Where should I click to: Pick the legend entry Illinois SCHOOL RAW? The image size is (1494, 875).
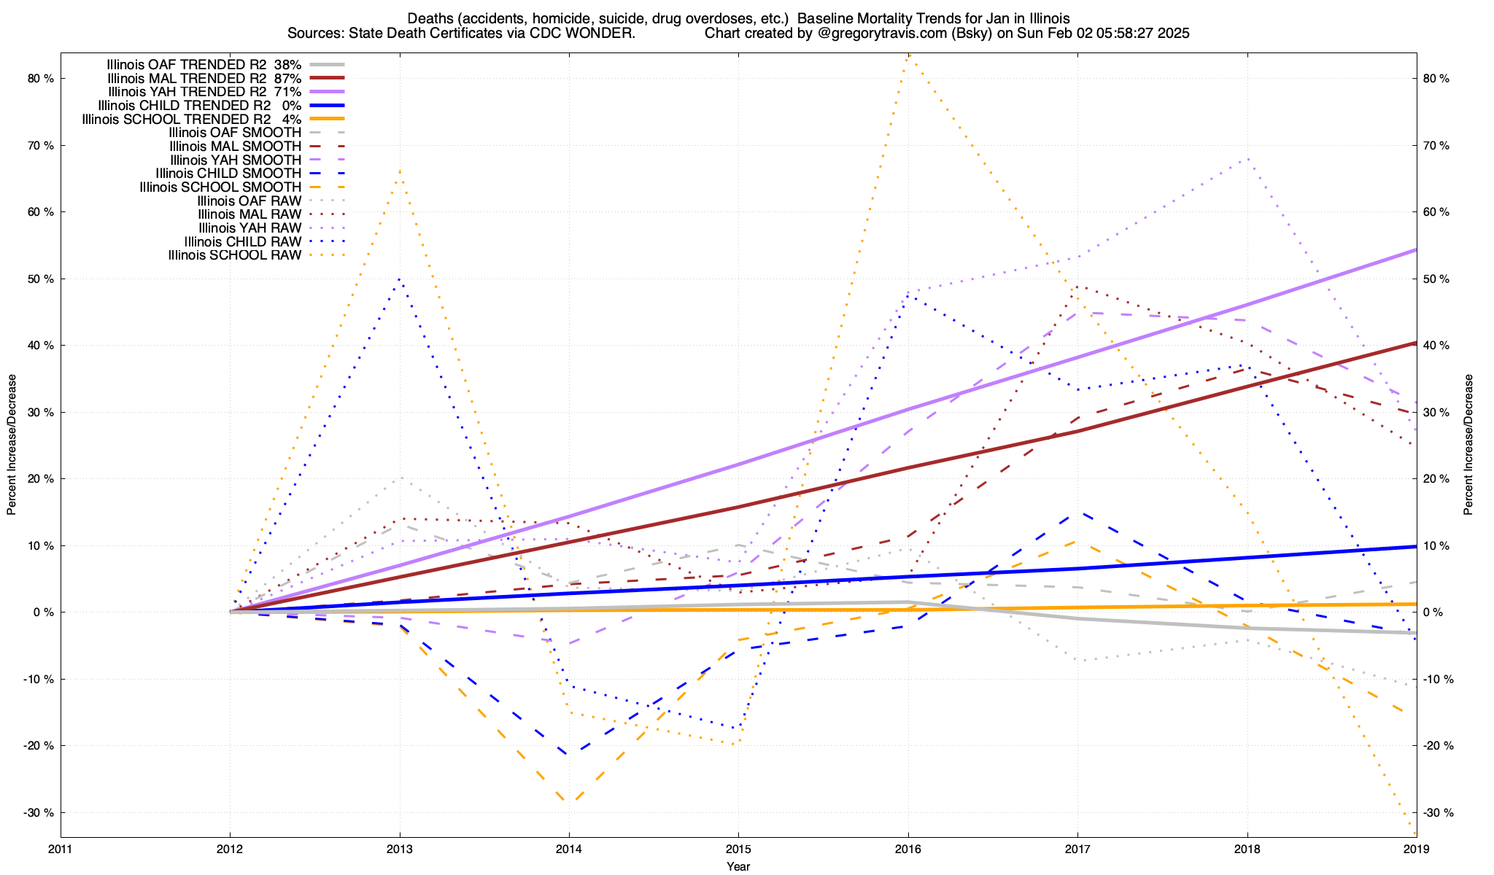pos(234,255)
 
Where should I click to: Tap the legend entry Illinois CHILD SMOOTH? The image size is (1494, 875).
pos(228,174)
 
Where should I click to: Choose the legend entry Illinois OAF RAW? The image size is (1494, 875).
pos(249,201)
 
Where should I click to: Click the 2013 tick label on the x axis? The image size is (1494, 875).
pos(399,849)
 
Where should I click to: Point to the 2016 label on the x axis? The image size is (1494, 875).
pos(907,849)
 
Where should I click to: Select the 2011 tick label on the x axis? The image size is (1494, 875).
pos(61,849)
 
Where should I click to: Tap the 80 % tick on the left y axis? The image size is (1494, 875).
pos(42,79)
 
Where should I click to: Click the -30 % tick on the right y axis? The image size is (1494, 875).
pos(1438,813)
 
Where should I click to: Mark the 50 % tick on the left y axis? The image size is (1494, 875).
pos(42,279)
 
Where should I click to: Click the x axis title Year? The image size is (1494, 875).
pos(738,866)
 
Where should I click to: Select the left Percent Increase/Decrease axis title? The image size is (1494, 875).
pos(12,445)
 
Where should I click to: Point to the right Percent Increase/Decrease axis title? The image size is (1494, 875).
pos(1468,445)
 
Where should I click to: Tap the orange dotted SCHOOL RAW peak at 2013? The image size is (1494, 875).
pos(400,170)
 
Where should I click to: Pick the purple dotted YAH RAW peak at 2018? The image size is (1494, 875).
pos(1248,158)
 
